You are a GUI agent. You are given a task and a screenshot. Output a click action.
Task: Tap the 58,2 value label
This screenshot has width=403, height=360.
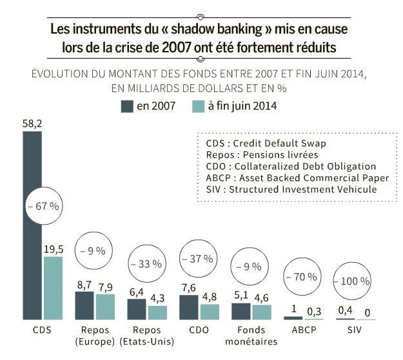pos(32,123)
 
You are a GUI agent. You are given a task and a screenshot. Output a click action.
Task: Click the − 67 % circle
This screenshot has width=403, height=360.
pos(43,206)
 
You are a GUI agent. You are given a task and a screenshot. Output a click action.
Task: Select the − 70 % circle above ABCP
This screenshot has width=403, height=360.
pos(301,277)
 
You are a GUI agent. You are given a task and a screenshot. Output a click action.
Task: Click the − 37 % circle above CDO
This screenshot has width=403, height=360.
pos(197,259)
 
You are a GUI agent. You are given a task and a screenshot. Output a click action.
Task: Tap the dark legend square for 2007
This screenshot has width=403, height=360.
pos(126,106)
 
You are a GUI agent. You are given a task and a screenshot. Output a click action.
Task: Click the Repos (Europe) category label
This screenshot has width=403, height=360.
pos(95,335)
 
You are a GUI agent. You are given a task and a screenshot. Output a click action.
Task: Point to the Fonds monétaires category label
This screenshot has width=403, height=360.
pos(251,335)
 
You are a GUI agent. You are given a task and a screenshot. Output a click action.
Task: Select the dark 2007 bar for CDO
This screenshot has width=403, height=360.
pos(188,307)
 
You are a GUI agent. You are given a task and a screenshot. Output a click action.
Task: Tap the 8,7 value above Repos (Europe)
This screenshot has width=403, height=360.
pos(84,284)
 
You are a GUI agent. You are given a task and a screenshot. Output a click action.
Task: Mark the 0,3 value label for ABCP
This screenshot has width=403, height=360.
pos(315,310)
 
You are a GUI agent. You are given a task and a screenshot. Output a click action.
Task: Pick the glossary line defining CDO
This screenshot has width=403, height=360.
pos(290,166)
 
